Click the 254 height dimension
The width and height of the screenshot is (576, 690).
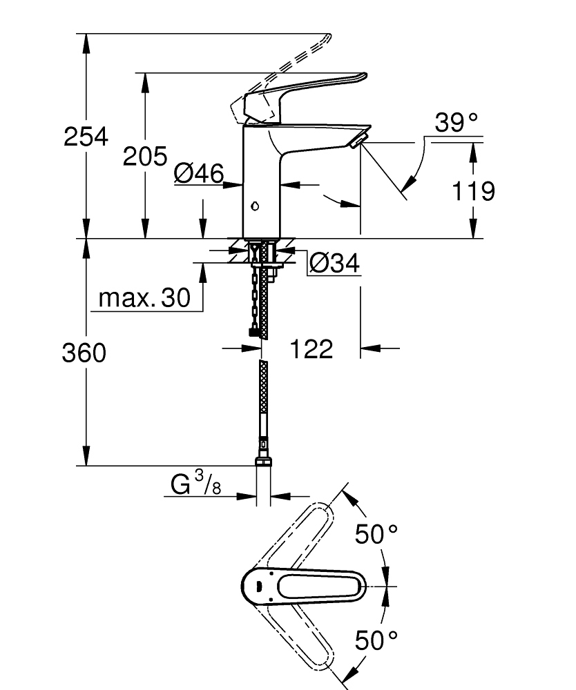[x=86, y=137]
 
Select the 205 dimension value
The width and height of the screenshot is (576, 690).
[x=145, y=157]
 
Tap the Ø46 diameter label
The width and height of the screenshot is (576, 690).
[x=199, y=175]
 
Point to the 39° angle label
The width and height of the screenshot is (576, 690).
[x=457, y=124]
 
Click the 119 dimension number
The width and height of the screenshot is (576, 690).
[x=472, y=190]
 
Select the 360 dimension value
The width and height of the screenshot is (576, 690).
[x=84, y=353]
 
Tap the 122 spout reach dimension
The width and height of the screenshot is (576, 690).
[x=310, y=349]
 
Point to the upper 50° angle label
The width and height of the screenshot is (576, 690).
[x=377, y=533]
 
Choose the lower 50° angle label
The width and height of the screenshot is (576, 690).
[x=377, y=640]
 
